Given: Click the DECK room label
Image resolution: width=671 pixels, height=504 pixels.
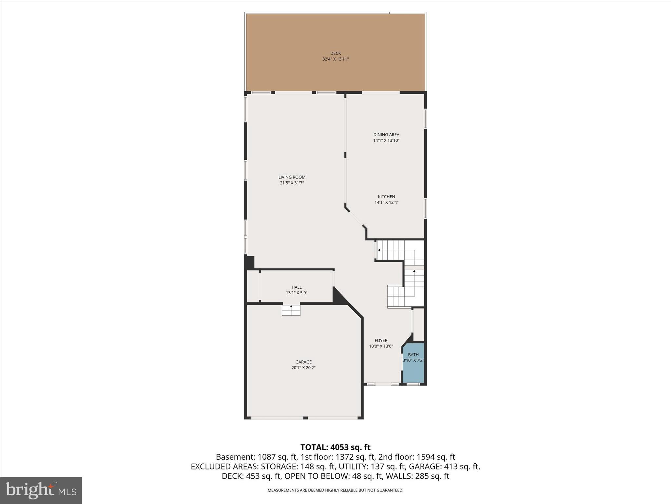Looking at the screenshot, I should click(335, 53).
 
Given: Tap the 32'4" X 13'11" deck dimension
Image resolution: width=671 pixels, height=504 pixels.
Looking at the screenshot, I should click(335, 59).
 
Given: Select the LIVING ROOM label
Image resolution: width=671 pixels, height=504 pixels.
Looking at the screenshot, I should click(292, 177).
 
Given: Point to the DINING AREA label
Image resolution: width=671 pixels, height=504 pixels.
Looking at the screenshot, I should click(386, 135).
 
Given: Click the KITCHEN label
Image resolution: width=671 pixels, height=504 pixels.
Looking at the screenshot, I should click(386, 197).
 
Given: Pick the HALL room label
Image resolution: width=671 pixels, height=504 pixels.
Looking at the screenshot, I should click(297, 287).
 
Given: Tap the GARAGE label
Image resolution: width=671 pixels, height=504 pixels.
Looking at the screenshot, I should click(303, 362).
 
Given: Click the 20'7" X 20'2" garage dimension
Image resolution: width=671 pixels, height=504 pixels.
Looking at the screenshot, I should click(303, 368).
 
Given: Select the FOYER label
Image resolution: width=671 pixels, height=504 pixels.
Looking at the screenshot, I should click(381, 341).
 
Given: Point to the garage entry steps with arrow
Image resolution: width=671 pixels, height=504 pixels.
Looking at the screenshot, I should click(291, 310).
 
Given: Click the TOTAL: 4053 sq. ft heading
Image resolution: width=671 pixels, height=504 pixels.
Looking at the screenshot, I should click(335, 447).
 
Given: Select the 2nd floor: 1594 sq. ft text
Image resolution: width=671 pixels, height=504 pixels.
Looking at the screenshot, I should click(416, 457).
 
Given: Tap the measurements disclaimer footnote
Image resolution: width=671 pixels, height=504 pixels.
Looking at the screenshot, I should click(335, 490).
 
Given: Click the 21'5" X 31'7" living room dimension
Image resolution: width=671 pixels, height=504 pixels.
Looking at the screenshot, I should click(292, 183).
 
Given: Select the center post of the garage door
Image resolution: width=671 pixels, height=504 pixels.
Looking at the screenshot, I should click(305, 418).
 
